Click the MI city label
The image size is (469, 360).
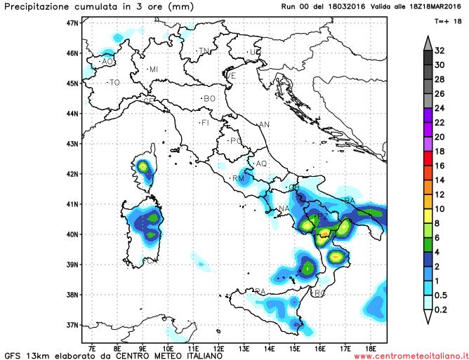[x=153, y=69]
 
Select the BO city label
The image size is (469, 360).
[x=209, y=99]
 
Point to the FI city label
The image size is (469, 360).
[x=205, y=124]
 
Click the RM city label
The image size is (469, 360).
[x=237, y=179]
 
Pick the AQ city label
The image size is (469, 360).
[x=261, y=164]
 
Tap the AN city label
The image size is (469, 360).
[x=264, y=125]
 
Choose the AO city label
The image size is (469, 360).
[x=107, y=62]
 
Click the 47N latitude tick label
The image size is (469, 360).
[x=72, y=22]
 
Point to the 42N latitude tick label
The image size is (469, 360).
[x=72, y=174]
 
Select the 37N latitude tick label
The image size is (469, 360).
[x=72, y=325]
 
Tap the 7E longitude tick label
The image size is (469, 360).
[x=92, y=347]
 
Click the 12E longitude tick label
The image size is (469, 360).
[x=218, y=347]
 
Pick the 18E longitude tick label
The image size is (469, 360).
[x=371, y=347]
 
